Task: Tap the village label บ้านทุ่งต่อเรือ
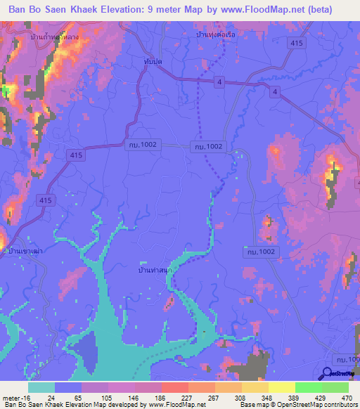pyautogui.click(x=214, y=34)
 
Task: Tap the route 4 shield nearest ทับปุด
pyautogui.click(x=220, y=83)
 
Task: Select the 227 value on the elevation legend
pyautogui.click(x=175, y=398)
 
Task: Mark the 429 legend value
pyautogui.click(x=318, y=398)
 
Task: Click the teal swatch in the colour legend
pyautogui.click(x=41, y=387)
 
